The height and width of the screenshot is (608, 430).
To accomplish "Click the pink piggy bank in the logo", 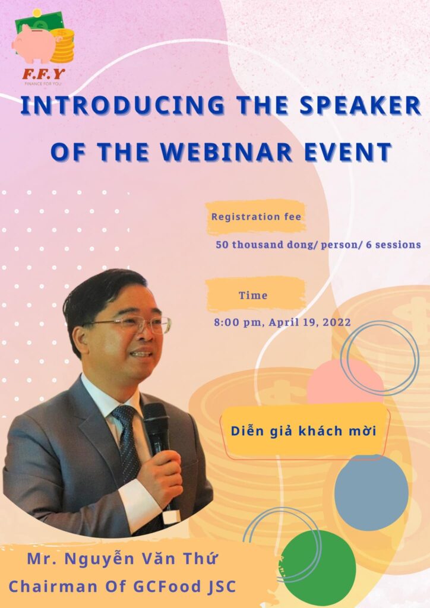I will point(33,46).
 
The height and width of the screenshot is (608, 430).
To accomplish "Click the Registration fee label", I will point(256,217).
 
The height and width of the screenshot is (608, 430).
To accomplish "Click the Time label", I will point(253,295).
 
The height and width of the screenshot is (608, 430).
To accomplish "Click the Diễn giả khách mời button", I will point(303,431).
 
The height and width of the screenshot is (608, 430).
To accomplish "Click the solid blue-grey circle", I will point(371,493).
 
